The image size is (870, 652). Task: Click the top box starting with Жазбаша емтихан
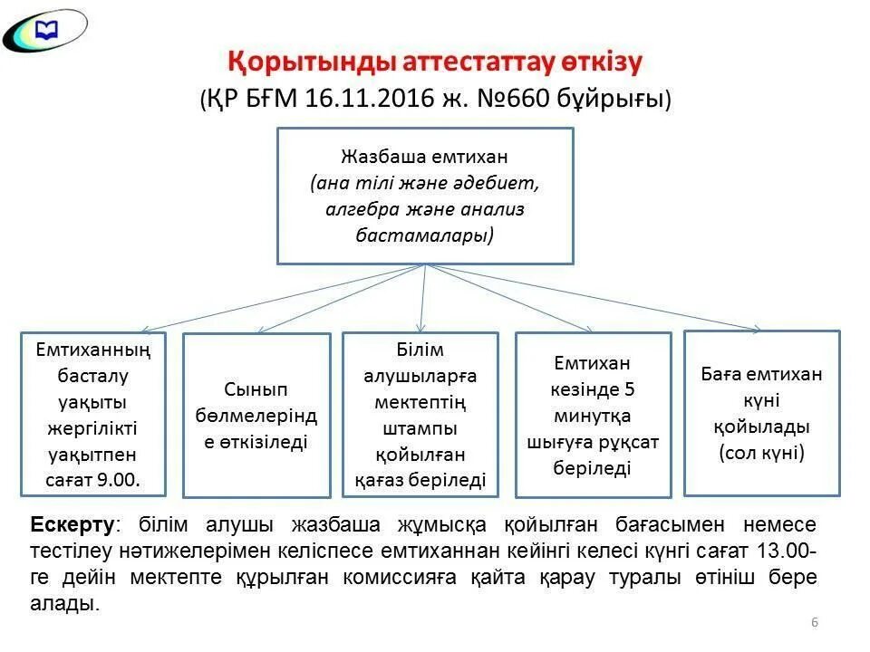tap(424, 196)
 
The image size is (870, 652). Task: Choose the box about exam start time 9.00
tap(93, 414)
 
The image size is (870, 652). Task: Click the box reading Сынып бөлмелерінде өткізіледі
tap(256, 416)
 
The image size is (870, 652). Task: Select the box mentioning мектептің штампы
tap(420, 415)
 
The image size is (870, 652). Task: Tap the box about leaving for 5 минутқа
tap(593, 415)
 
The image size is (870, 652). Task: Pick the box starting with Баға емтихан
tap(761, 413)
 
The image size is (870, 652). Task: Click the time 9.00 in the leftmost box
tap(119, 480)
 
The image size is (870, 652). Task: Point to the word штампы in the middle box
tap(420, 427)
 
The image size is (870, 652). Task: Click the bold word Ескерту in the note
tap(72, 525)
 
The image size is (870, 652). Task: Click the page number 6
tap(814, 622)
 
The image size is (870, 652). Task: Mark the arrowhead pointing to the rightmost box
tap(755, 327)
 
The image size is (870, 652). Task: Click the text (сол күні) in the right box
tap(761, 453)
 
